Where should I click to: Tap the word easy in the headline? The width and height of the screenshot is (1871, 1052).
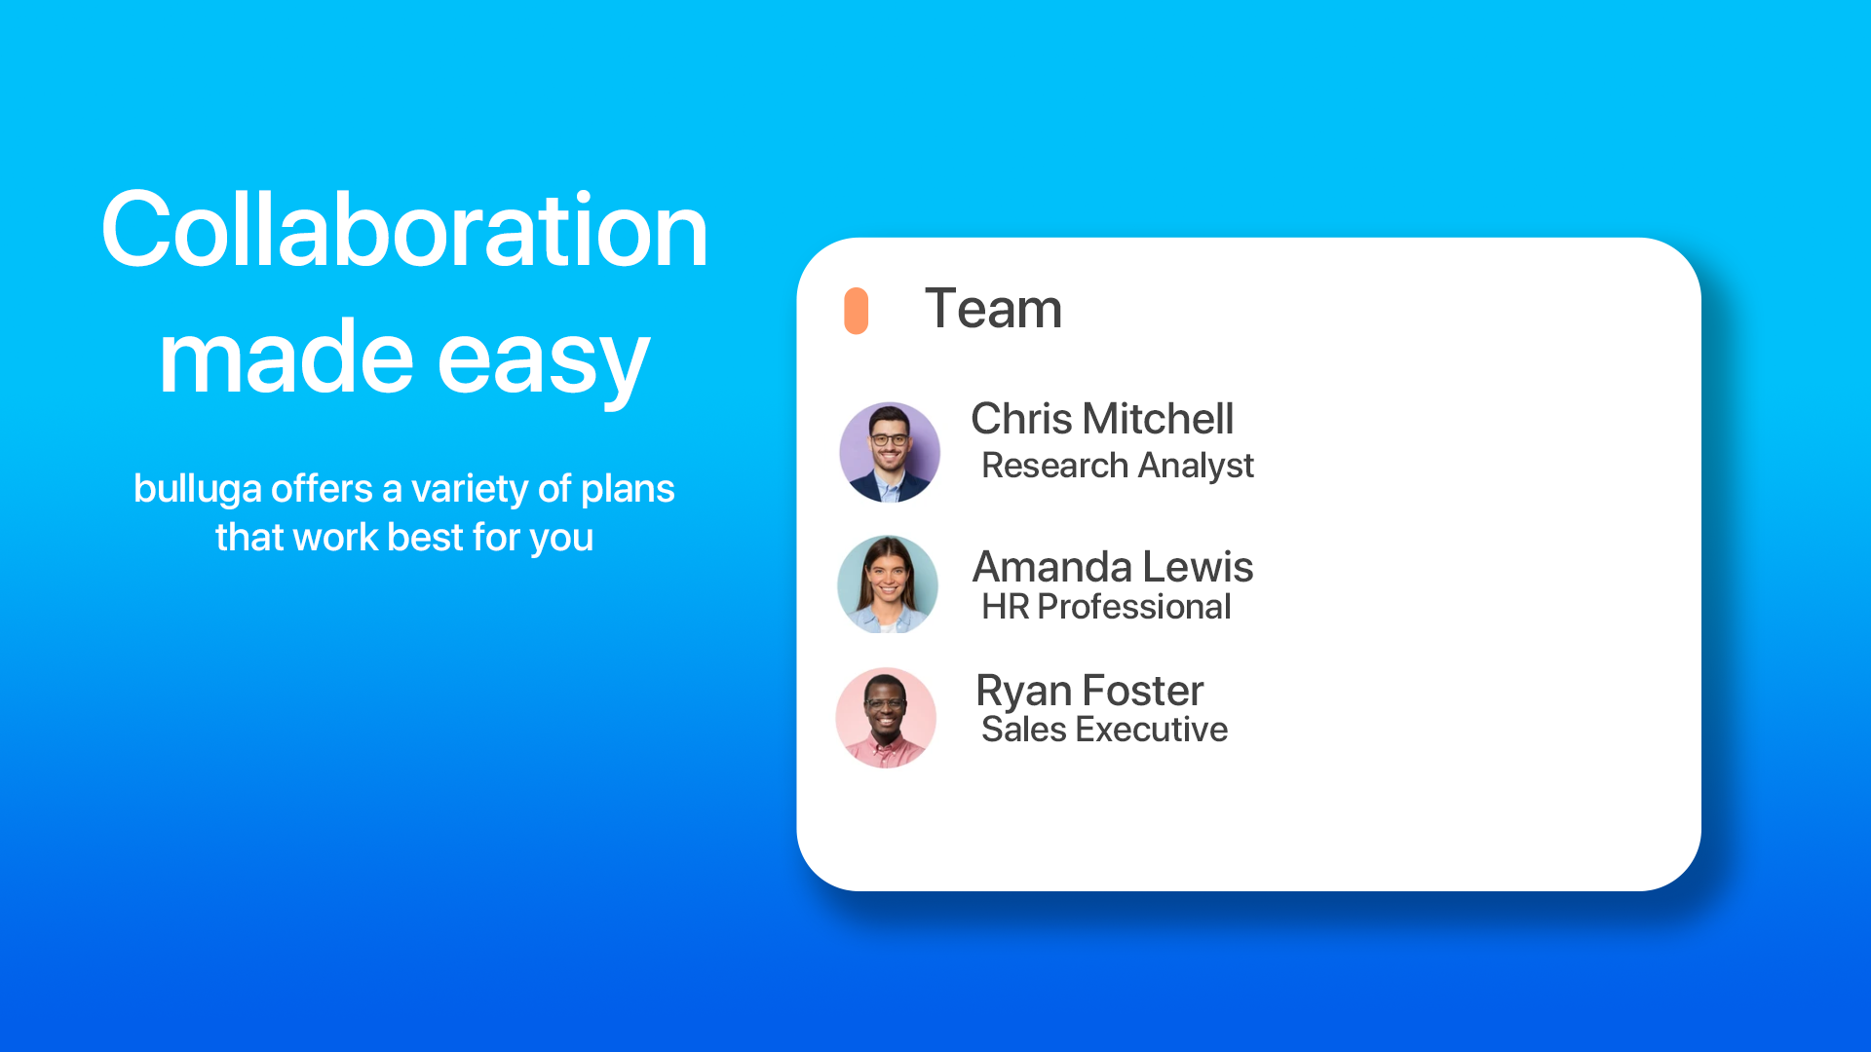[543, 360]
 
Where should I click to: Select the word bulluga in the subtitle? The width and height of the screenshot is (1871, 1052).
[198, 490]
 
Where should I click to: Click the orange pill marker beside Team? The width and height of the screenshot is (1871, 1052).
[856, 311]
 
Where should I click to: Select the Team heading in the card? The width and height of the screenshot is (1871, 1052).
[993, 309]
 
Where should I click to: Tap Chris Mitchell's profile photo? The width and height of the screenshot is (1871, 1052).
[890, 452]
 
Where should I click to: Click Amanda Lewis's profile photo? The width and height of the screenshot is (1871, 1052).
[888, 584]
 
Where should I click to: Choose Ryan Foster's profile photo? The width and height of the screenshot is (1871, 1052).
[886, 718]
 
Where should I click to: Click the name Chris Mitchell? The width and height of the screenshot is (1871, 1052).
[1102, 419]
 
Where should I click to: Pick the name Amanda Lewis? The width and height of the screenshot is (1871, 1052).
[1113, 567]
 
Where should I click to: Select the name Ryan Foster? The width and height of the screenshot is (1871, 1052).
[1089, 692]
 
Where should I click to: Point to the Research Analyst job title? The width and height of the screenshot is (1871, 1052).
[1118, 467]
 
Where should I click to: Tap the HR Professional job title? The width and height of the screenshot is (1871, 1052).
[1106, 607]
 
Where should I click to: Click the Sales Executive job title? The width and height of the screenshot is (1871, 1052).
[1104, 730]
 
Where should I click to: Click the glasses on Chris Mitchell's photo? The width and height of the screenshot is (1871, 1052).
[889, 440]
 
